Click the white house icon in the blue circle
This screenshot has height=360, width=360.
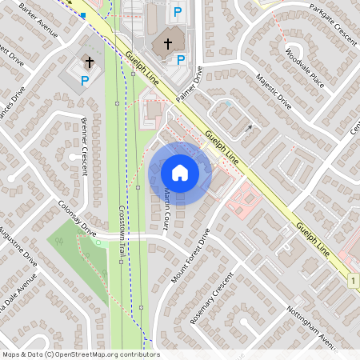(180, 172)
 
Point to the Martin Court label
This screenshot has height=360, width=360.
(169, 206)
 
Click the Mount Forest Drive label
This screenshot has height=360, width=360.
(190, 256)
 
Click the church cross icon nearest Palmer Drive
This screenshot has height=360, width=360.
(167, 42)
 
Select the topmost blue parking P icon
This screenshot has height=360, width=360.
(177, 13)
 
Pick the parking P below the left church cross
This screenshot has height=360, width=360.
(85, 80)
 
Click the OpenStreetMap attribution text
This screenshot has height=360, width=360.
(80, 354)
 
